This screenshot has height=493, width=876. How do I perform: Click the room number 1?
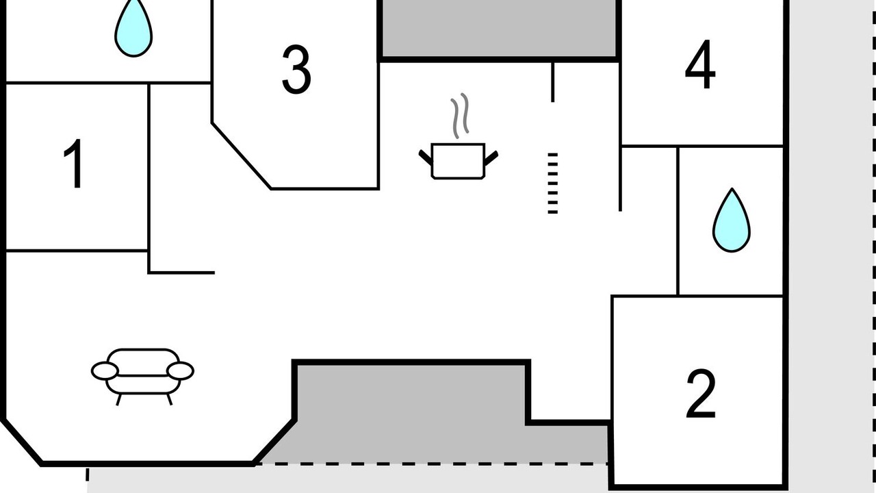pos(75,164)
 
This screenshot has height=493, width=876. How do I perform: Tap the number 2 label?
pos(701,394)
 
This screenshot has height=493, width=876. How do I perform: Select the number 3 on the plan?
pos(296,69)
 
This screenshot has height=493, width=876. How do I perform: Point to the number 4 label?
pos(700,64)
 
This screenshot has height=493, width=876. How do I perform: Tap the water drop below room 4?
pos(732,220)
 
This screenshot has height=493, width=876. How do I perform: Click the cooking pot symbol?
pos(459,161)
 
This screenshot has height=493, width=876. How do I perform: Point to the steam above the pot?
pos(459,116)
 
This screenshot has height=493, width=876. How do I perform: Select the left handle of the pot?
pos(426,157)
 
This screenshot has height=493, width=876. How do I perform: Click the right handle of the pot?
pos(491,158)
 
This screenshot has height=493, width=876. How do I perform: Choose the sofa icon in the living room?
pos(143,377)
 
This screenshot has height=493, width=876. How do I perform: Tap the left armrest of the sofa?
pos(105,370)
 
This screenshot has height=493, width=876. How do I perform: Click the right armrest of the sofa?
pos(180,370)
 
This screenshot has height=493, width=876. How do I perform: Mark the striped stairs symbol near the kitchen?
pos(552,183)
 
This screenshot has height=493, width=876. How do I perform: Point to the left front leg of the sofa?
pos(119,399)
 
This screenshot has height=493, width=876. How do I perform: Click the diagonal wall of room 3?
pos(242,156)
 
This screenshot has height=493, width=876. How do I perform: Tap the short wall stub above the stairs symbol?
pos(552,82)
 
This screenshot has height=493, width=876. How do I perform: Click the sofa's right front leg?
pos(169,399)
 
